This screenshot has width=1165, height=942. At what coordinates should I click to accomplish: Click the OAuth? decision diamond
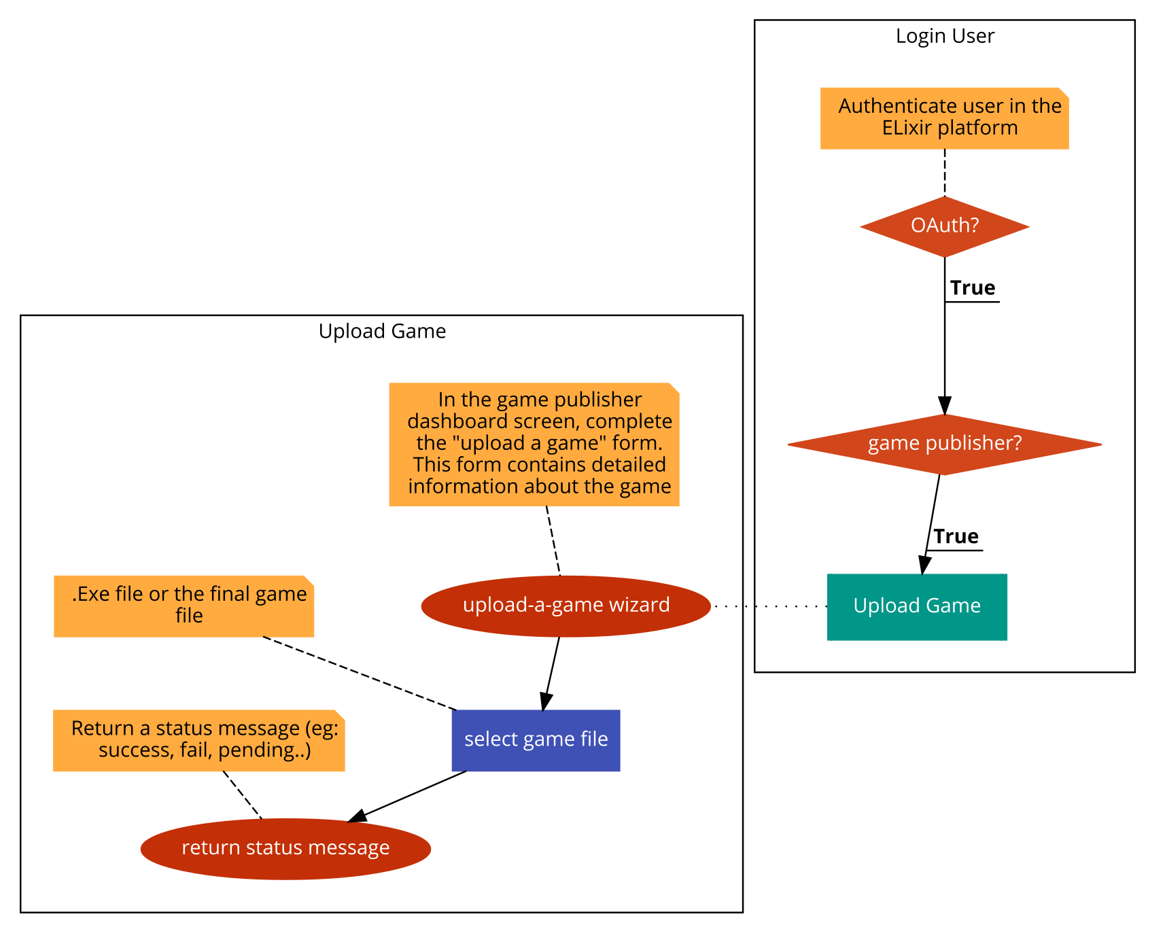click(945, 226)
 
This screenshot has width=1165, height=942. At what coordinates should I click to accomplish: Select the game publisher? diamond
click(945, 444)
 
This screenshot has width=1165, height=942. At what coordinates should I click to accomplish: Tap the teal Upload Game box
click(917, 606)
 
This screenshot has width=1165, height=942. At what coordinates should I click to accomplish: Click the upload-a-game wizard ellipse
click(566, 606)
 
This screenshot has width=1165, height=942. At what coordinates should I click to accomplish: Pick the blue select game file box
click(536, 740)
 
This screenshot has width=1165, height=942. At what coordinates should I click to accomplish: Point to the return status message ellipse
click(285, 849)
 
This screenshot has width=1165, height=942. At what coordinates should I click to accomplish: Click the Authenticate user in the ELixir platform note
click(944, 118)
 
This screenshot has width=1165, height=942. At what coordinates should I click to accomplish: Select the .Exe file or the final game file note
click(184, 606)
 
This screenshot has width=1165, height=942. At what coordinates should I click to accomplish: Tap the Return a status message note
click(198, 740)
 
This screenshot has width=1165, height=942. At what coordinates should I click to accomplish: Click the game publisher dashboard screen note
click(534, 444)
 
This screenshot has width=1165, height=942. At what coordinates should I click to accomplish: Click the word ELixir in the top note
click(906, 128)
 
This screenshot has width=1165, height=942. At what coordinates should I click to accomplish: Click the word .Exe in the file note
click(91, 594)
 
